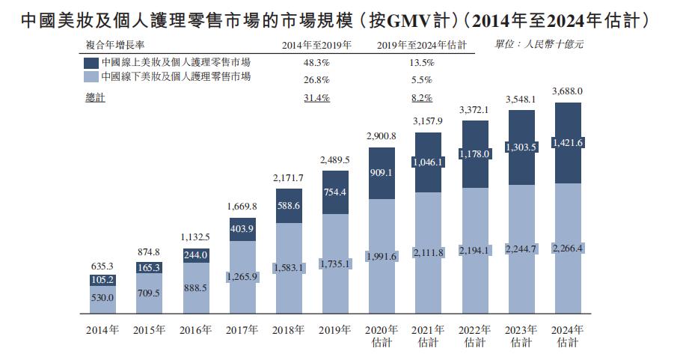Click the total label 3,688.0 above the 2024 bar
[x=567, y=91]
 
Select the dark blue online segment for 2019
[x=335, y=192]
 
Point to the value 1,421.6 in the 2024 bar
[x=567, y=143]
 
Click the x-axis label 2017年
[x=242, y=330]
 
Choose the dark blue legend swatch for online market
[x=91, y=63]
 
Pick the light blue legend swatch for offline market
[x=91, y=77]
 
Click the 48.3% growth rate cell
[x=316, y=63]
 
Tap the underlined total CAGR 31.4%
[x=316, y=98]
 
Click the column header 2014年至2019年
[x=316, y=46]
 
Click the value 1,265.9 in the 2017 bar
[x=242, y=276]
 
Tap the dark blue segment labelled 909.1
[x=382, y=173]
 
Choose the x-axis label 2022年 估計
[x=474, y=336]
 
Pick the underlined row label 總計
[x=96, y=98]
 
